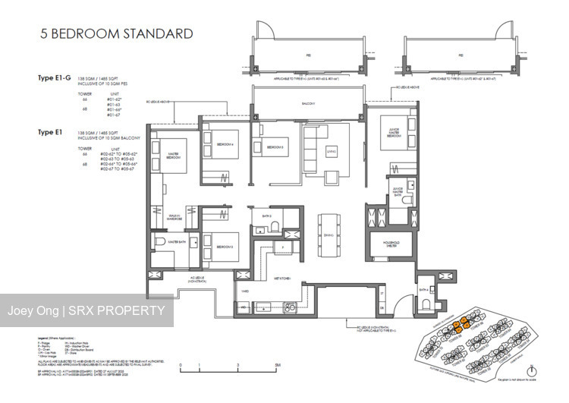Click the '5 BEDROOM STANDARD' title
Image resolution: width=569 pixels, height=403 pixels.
(x=107, y=33)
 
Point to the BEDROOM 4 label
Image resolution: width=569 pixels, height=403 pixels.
(x=225, y=143)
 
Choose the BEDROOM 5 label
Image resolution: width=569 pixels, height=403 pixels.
(x=225, y=247)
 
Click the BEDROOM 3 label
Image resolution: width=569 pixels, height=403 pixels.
(x=274, y=147)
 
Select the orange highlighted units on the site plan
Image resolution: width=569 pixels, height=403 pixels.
(x=455, y=326)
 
